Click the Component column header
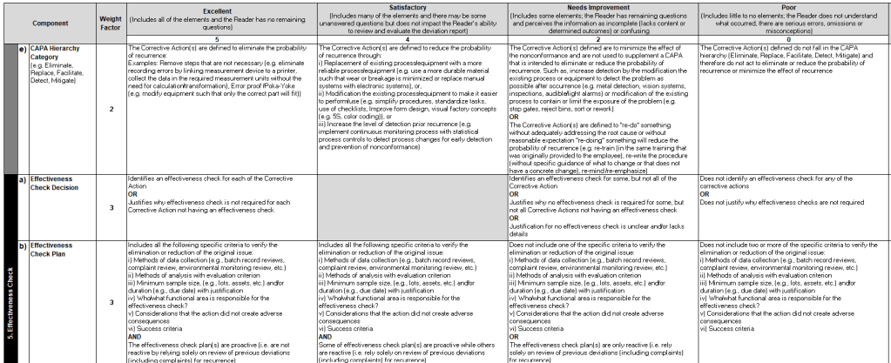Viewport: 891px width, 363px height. [55, 23]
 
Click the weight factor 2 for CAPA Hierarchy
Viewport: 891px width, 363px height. [111, 109]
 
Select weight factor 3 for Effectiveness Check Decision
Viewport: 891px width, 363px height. [111, 206]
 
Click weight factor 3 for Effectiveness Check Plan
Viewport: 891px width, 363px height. [111, 301]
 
